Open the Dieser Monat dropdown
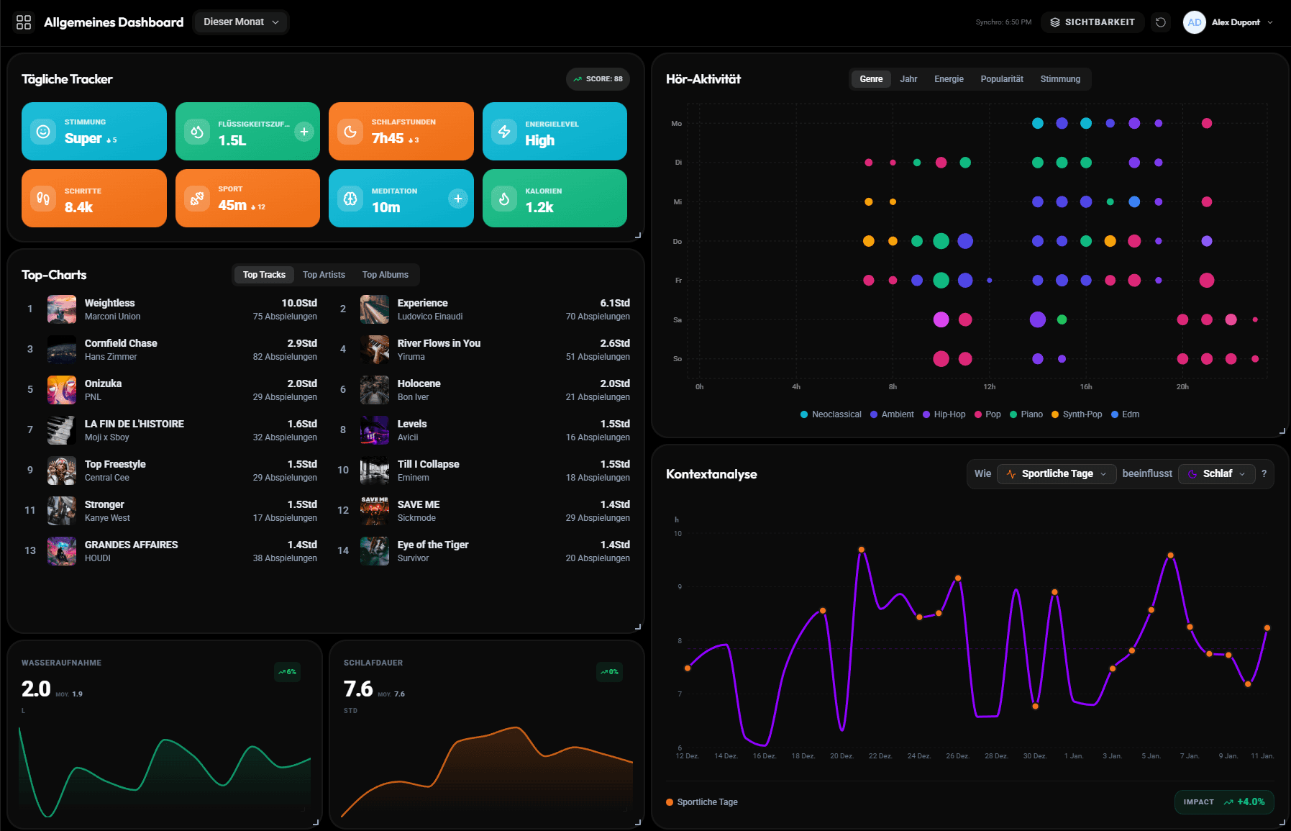click(x=240, y=22)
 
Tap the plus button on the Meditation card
click(x=457, y=199)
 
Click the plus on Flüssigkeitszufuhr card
click(x=304, y=132)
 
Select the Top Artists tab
click(x=324, y=275)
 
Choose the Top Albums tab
click(x=385, y=275)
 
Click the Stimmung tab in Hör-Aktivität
click(x=1059, y=79)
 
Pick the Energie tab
click(x=949, y=79)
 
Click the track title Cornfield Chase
click(x=121, y=343)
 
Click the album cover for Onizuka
click(x=62, y=390)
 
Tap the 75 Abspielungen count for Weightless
click(x=285, y=317)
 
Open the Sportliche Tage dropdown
click(x=1057, y=473)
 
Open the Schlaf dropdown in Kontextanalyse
click(x=1217, y=473)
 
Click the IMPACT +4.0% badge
click(x=1223, y=802)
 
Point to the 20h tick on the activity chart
click(x=1182, y=387)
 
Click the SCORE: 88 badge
click(x=598, y=79)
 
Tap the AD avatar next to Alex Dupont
click(x=1194, y=22)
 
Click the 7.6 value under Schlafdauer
click(x=358, y=689)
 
